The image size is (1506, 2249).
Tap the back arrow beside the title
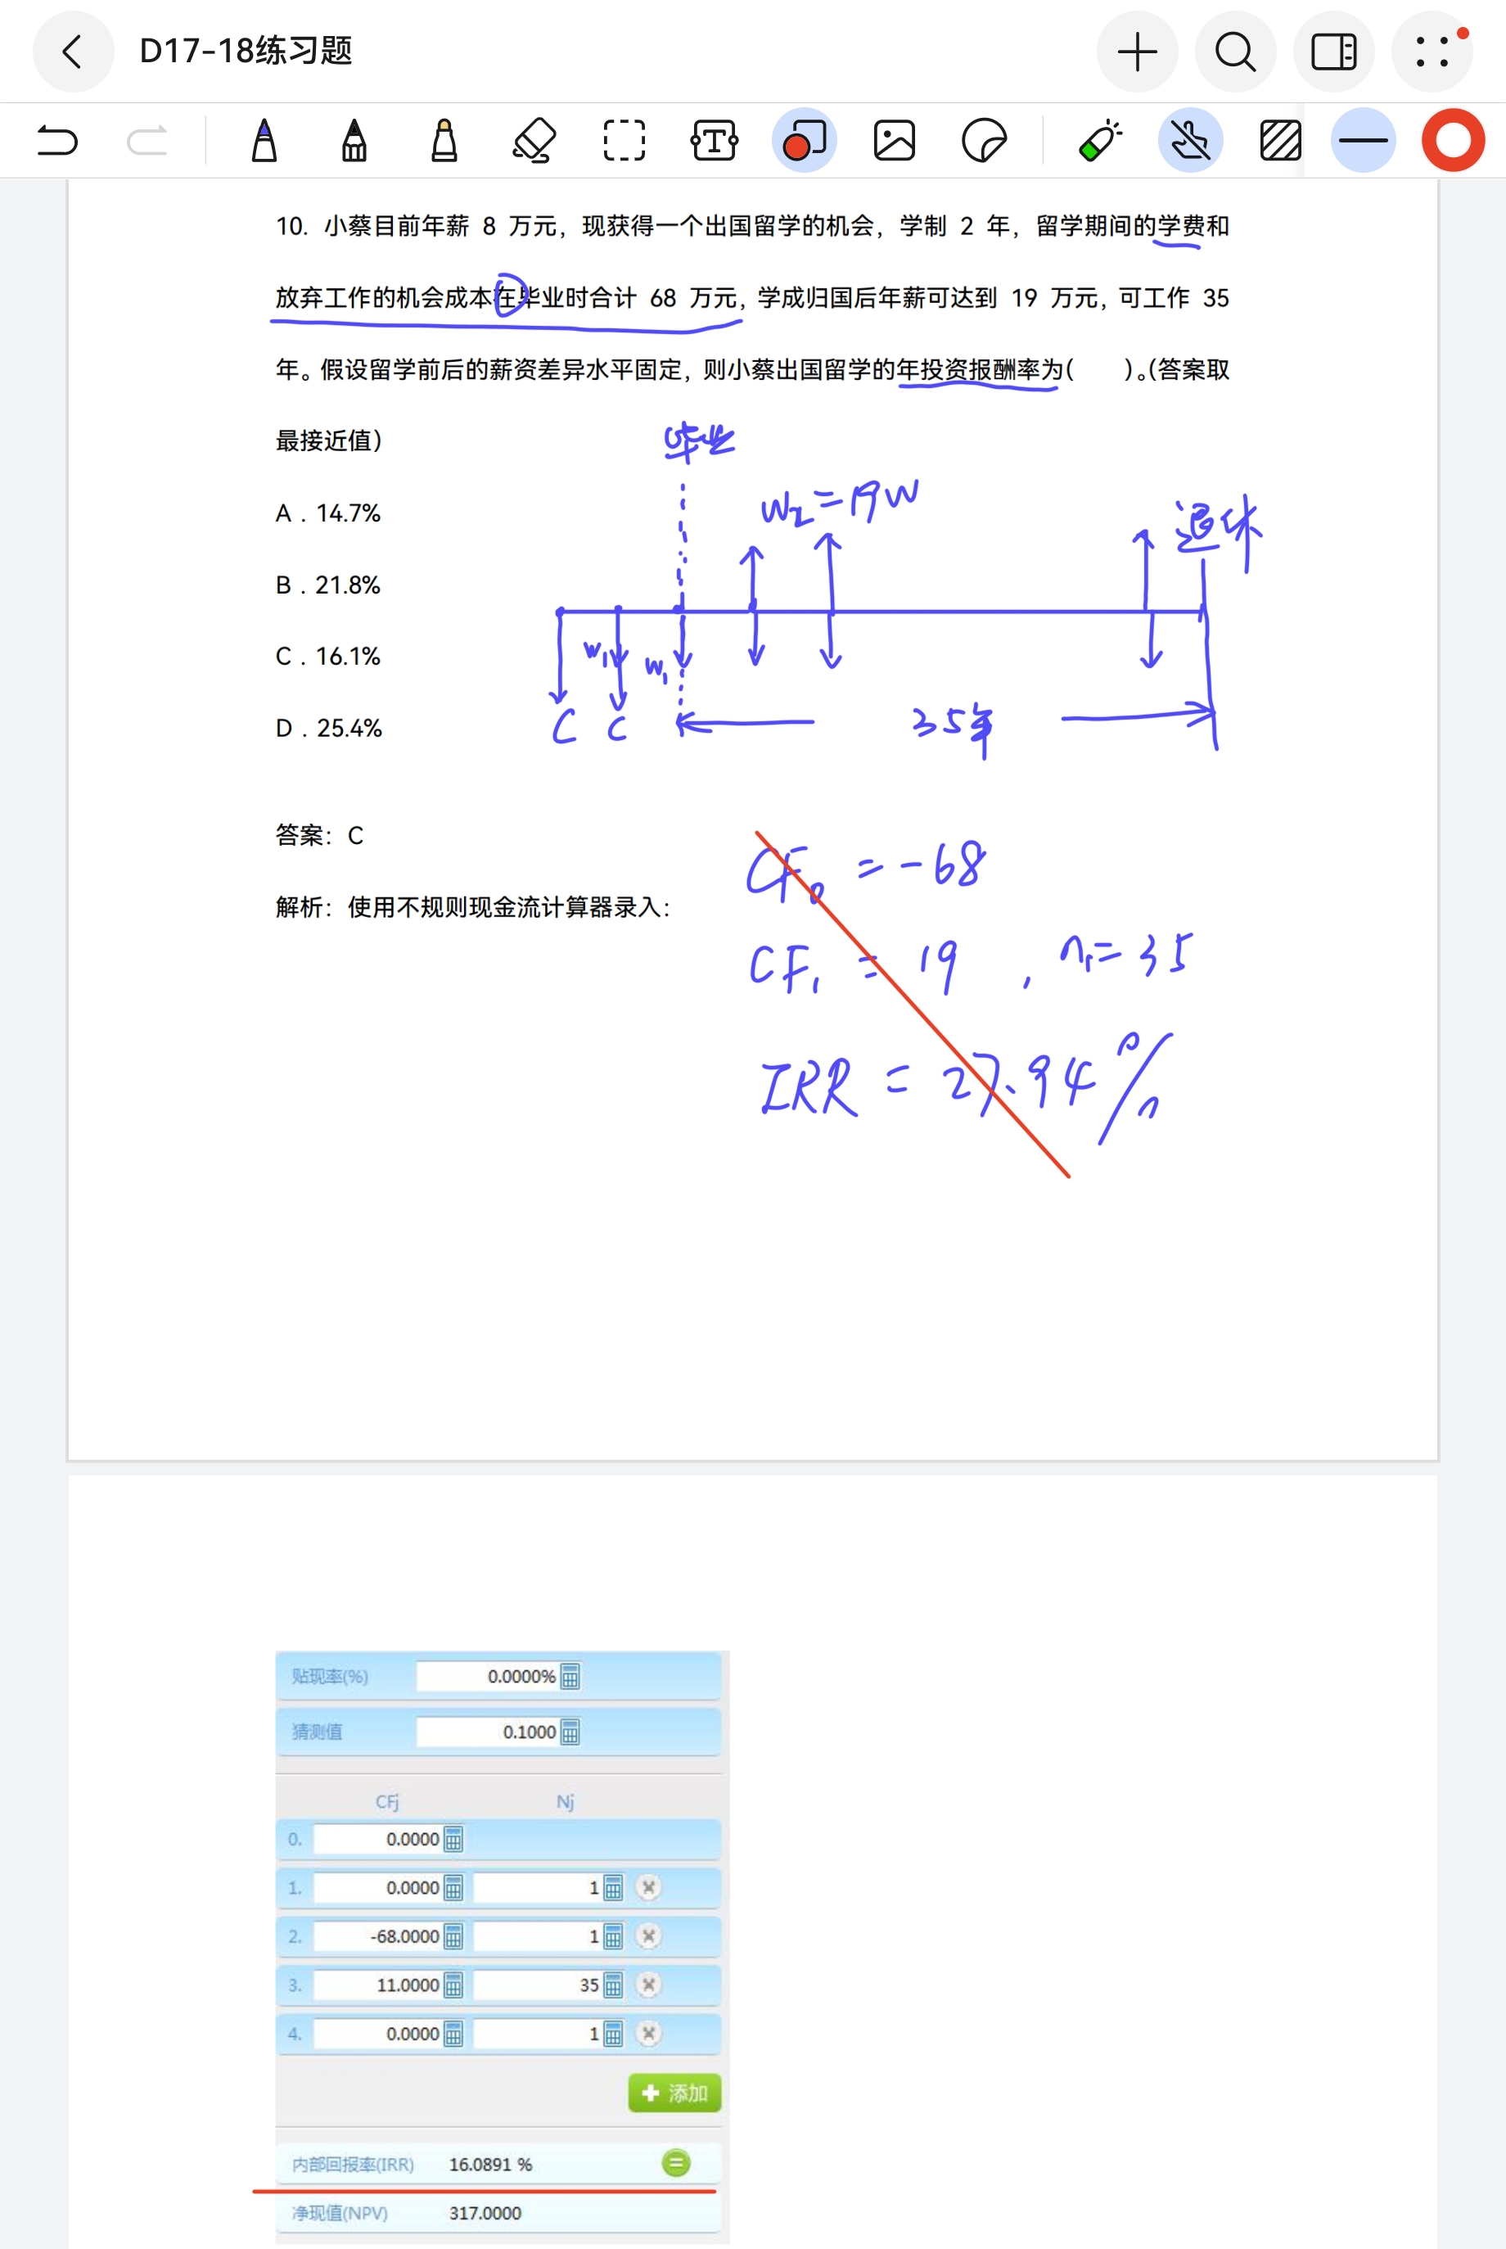tap(73, 52)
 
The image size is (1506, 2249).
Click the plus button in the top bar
tap(1137, 52)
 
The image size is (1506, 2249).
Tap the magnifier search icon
tap(1235, 52)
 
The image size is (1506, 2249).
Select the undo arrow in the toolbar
tap(56, 141)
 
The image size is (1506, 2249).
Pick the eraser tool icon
tap(534, 141)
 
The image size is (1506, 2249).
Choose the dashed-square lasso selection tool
tap(624, 141)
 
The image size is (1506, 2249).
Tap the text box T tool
tap(715, 141)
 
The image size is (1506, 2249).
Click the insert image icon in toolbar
tap(894, 141)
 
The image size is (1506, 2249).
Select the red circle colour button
tap(1452, 141)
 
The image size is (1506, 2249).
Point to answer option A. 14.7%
tap(328, 514)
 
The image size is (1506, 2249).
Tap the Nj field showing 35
tap(538, 1985)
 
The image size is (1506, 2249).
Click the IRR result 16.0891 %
tap(489, 2165)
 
